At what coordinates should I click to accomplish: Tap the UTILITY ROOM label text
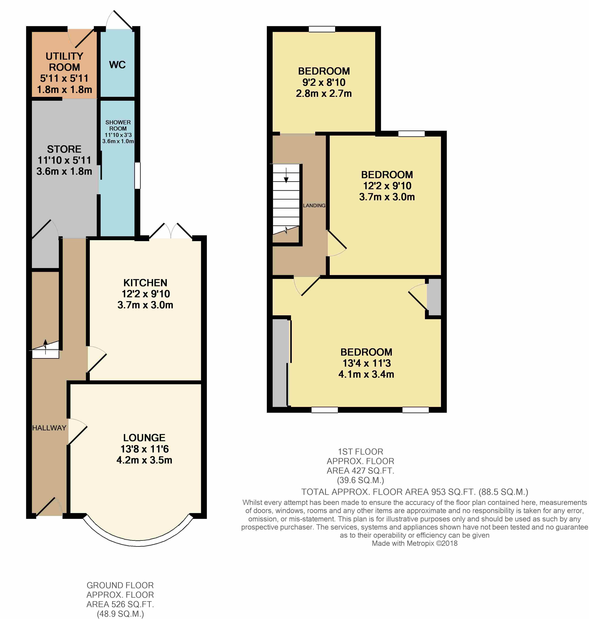tap(64, 62)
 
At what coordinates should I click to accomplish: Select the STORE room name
tap(64, 149)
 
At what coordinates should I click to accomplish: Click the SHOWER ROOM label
tap(118, 125)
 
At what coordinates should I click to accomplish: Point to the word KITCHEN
tap(145, 283)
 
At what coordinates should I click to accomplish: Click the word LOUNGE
tap(144, 438)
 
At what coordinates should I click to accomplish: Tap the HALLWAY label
tap(49, 428)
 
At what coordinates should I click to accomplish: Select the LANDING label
tap(314, 205)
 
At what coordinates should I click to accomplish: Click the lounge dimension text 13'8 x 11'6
tap(144, 449)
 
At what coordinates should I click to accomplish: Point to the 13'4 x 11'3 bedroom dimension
tap(366, 363)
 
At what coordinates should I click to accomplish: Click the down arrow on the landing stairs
tap(286, 175)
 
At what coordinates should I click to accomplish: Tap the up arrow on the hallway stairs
tap(45, 346)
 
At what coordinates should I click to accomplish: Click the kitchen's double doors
tap(171, 231)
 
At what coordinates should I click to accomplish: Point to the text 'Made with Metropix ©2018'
tap(414, 543)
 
